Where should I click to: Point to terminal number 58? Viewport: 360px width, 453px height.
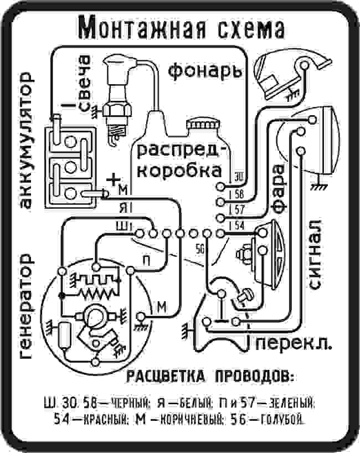[x=238, y=194]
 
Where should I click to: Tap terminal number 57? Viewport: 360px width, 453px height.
[x=238, y=209]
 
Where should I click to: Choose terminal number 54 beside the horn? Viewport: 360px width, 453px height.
[x=238, y=225]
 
